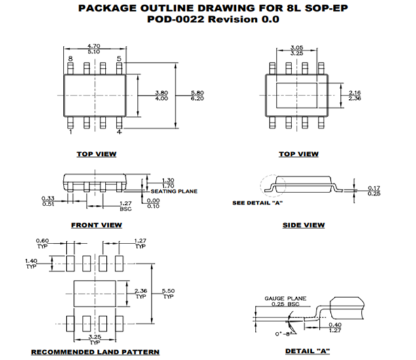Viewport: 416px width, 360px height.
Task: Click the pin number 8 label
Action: tap(70, 60)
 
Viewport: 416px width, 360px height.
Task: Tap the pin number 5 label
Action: tap(119, 60)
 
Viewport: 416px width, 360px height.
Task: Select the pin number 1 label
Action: tap(70, 132)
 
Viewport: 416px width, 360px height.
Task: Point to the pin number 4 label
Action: tap(119, 132)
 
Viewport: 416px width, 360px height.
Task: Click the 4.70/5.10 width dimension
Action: tap(94, 49)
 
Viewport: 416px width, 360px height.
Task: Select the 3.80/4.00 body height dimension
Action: tap(161, 95)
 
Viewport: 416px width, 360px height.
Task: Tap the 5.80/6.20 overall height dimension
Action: tap(197, 95)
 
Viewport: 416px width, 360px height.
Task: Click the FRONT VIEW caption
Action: tap(96, 225)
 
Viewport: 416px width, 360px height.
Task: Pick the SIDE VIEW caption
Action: tap(303, 225)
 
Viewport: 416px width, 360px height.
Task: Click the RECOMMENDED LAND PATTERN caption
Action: tap(95, 351)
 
